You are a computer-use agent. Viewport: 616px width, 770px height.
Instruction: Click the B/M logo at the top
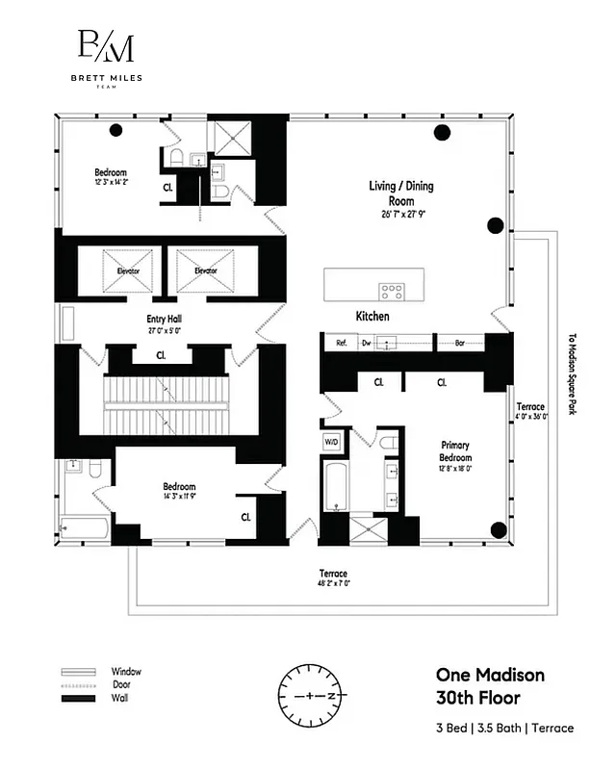(105, 46)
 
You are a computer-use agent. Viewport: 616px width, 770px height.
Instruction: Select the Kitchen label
(372, 316)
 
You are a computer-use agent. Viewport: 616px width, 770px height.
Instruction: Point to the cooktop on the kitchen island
(392, 289)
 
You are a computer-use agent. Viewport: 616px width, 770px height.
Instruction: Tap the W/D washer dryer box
(330, 443)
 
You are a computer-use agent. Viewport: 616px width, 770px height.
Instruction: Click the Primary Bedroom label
(455, 451)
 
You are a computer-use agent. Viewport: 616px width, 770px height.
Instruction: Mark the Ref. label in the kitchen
(341, 342)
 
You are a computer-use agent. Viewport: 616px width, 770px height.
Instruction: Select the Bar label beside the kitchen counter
(459, 342)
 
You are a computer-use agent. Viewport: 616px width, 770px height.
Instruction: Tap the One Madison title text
(490, 675)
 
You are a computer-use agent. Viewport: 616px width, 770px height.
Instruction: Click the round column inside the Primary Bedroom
(498, 529)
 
